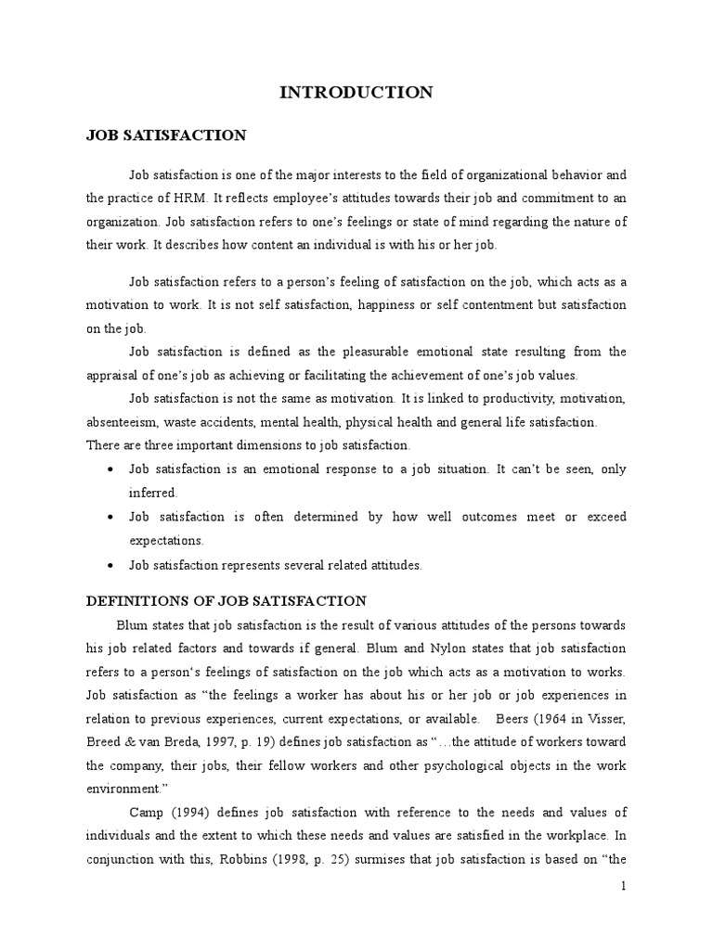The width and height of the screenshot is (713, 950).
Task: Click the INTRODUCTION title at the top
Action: pos(356,92)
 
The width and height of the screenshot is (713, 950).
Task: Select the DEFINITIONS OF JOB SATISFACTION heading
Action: pos(227,600)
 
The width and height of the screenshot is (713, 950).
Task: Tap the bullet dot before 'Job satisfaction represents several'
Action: pos(111,565)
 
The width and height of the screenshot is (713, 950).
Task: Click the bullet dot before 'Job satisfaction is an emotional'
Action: pos(111,469)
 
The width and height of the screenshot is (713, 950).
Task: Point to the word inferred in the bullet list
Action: pos(152,493)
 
